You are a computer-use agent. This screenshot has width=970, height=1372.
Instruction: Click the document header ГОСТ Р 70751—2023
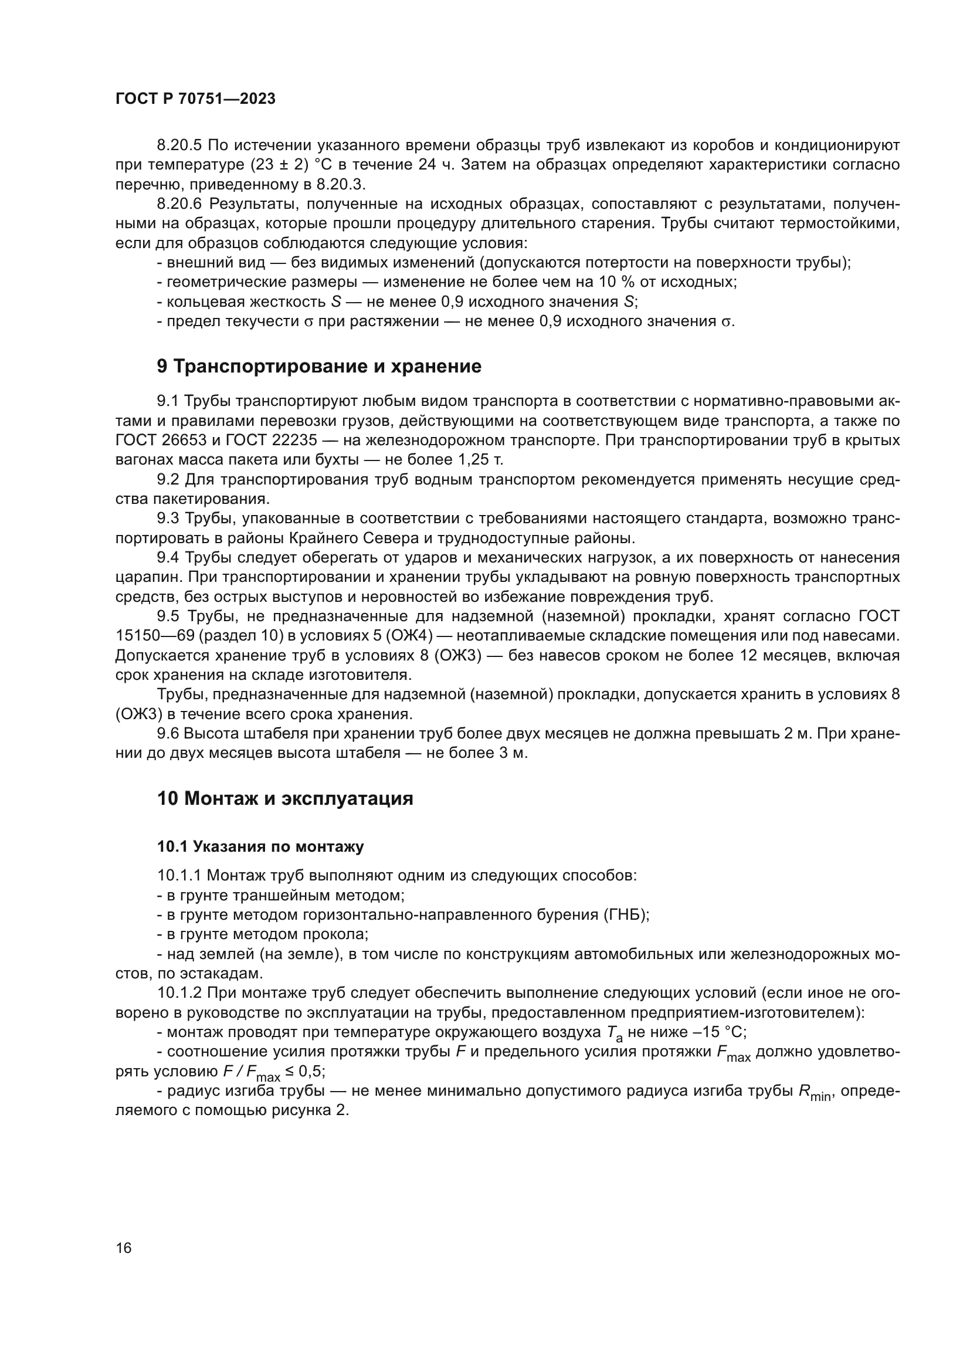[195, 99]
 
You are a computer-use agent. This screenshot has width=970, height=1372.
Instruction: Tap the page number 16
[124, 1248]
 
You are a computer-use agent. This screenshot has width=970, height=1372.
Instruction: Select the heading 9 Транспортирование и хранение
[319, 366]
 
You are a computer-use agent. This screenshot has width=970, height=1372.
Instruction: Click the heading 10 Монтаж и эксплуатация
[285, 798]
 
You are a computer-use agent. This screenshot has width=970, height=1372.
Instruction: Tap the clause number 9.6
[168, 733]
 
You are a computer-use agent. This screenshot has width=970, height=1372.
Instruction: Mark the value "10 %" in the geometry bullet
[613, 282]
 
